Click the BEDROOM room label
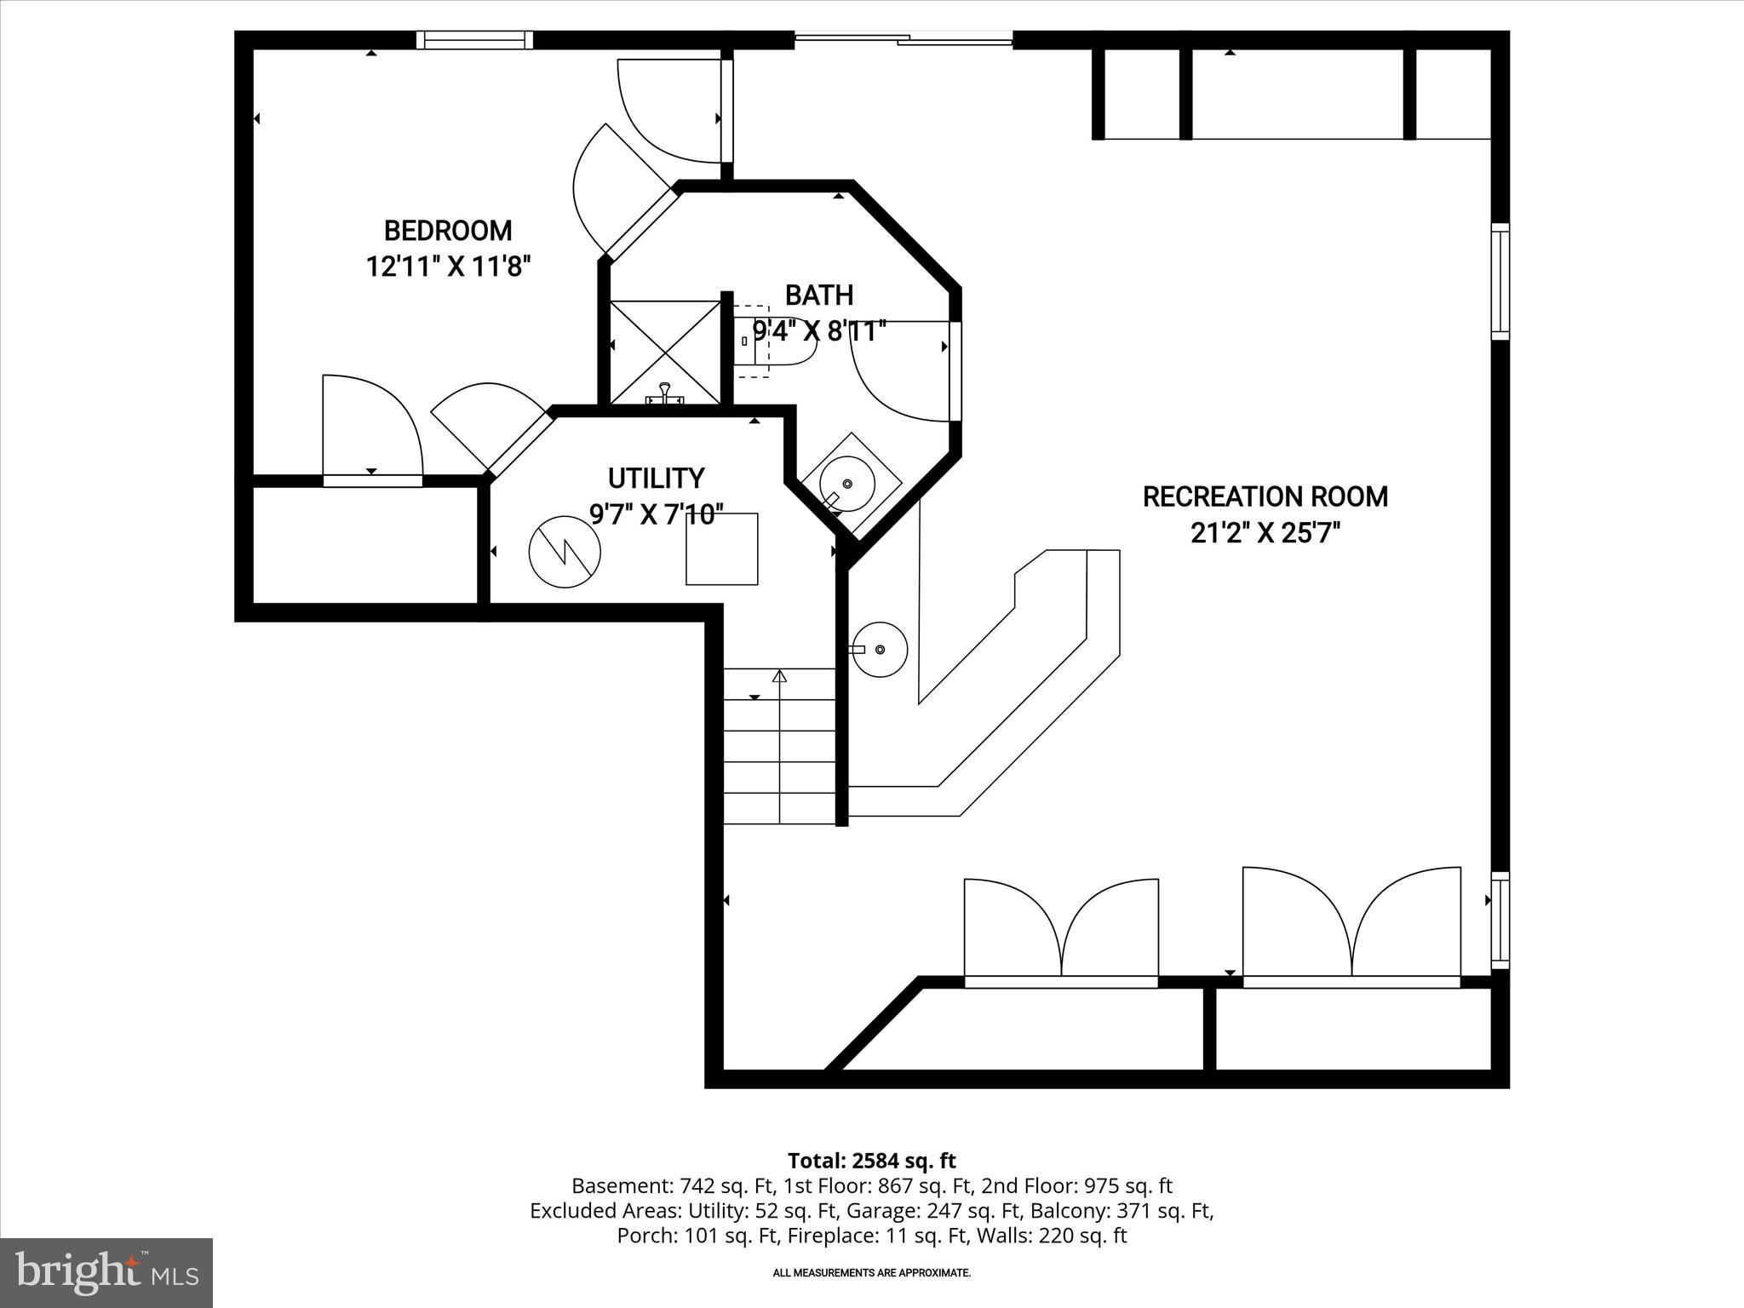pyautogui.click(x=448, y=231)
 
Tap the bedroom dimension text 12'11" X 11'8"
pyautogui.click(x=448, y=267)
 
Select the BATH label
pyautogui.click(x=818, y=295)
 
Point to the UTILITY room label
pyautogui.click(x=656, y=479)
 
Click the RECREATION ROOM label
pyautogui.click(x=1265, y=496)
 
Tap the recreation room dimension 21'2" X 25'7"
pyautogui.click(x=1265, y=534)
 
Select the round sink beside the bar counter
pyautogui.click(x=880, y=650)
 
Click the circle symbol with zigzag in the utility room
pyautogui.click(x=565, y=551)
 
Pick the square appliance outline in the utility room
pyautogui.click(x=721, y=549)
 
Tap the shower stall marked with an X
pyautogui.click(x=666, y=352)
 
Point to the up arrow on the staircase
pyautogui.click(x=779, y=678)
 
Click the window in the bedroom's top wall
pyautogui.click(x=475, y=40)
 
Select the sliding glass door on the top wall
pyautogui.click(x=904, y=38)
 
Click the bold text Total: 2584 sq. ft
pyautogui.click(x=871, y=1161)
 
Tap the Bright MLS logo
pyautogui.click(x=106, y=1272)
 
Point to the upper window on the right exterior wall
pyautogui.click(x=1500, y=281)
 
